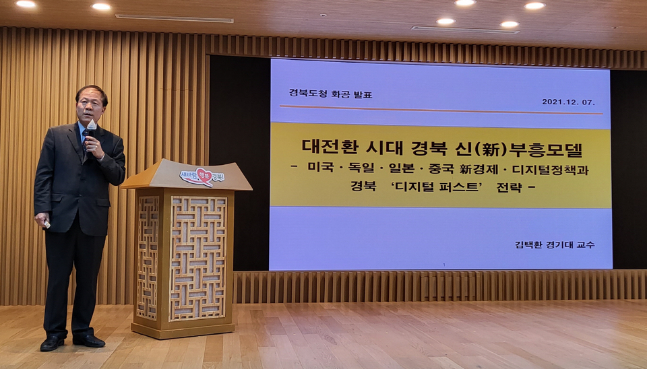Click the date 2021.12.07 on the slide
tap(568, 102)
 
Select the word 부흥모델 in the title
tap(545, 148)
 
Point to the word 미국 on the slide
tap(320, 168)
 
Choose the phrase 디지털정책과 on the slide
tap(550, 169)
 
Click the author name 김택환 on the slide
tap(528, 244)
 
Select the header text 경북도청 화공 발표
tap(330, 94)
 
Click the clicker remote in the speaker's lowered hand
tap(47, 224)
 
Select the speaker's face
tap(90, 107)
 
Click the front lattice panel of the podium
tap(198, 259)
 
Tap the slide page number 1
tap(444, 265)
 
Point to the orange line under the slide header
tap(441, 110)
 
